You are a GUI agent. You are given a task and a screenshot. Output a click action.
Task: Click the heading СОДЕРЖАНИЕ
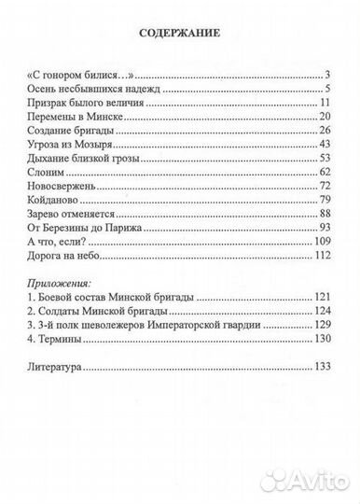(x=180, y=34)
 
